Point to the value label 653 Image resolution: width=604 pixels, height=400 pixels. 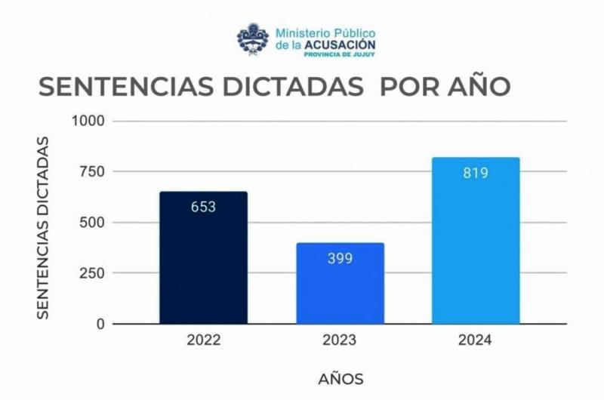pyautogui.click(x=203, y=207)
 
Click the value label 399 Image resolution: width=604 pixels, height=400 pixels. pyautogui.click(x=340, y=258)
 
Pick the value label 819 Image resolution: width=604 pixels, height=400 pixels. pyautogui.click(x=476, y=173)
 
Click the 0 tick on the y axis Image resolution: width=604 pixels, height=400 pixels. pyautogui.click(x=101, y=324)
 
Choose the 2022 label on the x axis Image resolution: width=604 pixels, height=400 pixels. pyautogui.click(x=203, y=340)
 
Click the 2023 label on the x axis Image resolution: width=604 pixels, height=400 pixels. pyautogui.click(x=340, y=340)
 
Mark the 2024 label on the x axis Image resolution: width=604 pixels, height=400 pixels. pyautogui.click(x=476, y=340)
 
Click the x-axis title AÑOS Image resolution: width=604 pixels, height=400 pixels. pyautogui.click(x=340, y=377)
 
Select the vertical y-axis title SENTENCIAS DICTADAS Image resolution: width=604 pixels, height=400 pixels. pyautogui.click(x=44, y=226)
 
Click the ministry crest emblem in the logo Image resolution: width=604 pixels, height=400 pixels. pyautogui.click(x=253, y=39)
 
